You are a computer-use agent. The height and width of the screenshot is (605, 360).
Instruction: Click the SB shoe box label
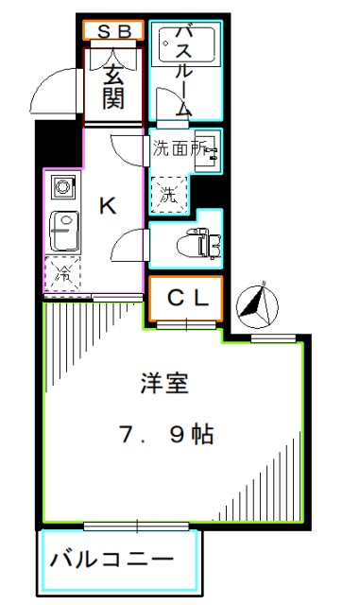coord(113,32)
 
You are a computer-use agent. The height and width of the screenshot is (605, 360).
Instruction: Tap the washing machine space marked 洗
coord(167,197)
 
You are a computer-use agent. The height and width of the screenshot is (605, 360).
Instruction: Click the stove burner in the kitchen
coord(61,185)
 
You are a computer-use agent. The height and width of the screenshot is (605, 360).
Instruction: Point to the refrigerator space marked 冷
coord(63,274)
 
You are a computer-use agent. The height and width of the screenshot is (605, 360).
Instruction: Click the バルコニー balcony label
coord(112,559)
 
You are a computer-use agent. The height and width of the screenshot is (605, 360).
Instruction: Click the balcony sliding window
coord(138,524)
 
